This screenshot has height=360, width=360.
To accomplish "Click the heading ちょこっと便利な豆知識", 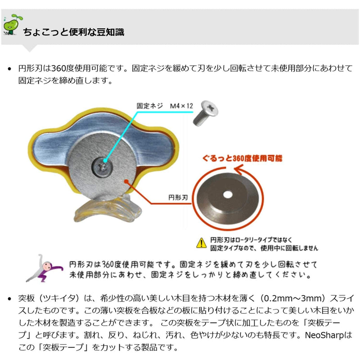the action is coord(73,32).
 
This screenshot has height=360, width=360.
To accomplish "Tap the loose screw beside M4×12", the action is coord(205,113).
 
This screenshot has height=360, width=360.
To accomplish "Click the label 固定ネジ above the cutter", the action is coord(150,106).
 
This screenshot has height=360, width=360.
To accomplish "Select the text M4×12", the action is coord(181,106).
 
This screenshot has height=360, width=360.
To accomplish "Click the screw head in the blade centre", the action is coord(103,167).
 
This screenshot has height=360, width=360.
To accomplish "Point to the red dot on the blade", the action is coord(126,182).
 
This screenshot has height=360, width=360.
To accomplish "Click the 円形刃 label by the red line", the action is coord(178,198).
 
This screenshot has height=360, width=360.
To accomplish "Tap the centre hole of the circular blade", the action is coord(228,195).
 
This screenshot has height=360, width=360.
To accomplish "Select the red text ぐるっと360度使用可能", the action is coord(242,158).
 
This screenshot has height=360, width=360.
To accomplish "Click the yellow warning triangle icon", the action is coord(201,243).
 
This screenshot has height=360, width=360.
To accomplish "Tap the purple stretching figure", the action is coord(44,268).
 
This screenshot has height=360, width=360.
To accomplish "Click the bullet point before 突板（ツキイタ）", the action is coord(9,299).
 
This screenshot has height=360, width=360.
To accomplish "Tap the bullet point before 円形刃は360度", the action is coord(9,69).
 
